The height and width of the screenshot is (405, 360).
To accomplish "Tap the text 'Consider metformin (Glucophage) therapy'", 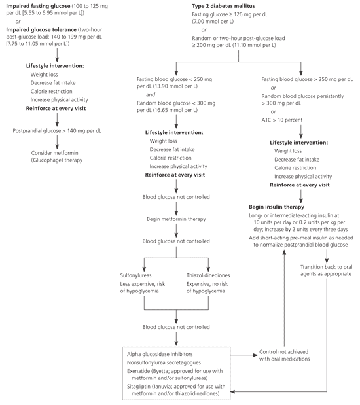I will [x=57, y=156].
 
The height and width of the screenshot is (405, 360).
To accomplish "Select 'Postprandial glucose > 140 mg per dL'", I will [x=57, y=130].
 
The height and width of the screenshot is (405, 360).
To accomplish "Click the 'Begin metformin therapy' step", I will [x=177, y=219].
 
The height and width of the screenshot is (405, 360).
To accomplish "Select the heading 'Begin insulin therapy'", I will [x=280, y=206].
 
